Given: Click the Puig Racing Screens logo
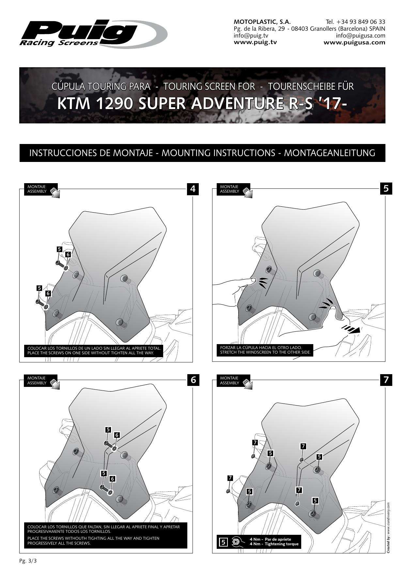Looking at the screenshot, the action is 94,34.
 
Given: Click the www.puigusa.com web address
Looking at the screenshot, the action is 354,42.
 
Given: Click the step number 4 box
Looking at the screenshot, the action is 193,189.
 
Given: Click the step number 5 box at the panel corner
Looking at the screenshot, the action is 386,189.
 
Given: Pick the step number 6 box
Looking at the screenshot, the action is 193,380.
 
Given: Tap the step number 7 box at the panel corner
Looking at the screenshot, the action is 386,380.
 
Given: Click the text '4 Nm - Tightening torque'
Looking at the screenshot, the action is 274,544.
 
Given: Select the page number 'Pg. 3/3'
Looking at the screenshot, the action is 28,561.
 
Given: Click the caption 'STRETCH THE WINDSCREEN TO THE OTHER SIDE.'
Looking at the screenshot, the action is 265,352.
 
